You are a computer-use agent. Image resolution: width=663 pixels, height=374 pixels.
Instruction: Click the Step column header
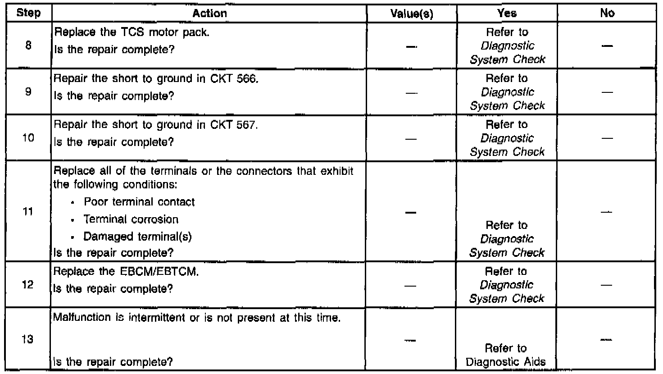pos(28,13)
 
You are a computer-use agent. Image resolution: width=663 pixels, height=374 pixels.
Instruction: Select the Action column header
pos(210,14)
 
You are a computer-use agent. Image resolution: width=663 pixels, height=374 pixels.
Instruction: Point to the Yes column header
pos(508,14)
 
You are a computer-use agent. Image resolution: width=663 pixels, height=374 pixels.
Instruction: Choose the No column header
pos(607,14)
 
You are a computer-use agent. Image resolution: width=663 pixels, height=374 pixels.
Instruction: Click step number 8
pos(28,46)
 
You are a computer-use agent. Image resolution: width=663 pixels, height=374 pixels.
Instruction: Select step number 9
pos(28,91)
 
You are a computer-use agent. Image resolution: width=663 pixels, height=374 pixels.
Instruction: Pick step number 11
pos(28,211)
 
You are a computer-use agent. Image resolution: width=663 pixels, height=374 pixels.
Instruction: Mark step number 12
pos(28,285)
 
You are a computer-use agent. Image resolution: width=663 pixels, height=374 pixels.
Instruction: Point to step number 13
pos(28,340)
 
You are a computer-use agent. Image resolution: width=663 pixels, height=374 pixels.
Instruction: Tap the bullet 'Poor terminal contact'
pos(139,202)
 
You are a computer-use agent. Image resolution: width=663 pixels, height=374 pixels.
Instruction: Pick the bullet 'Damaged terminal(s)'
pos(138,237)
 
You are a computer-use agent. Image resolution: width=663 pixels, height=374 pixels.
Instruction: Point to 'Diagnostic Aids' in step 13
pos(507,362)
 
